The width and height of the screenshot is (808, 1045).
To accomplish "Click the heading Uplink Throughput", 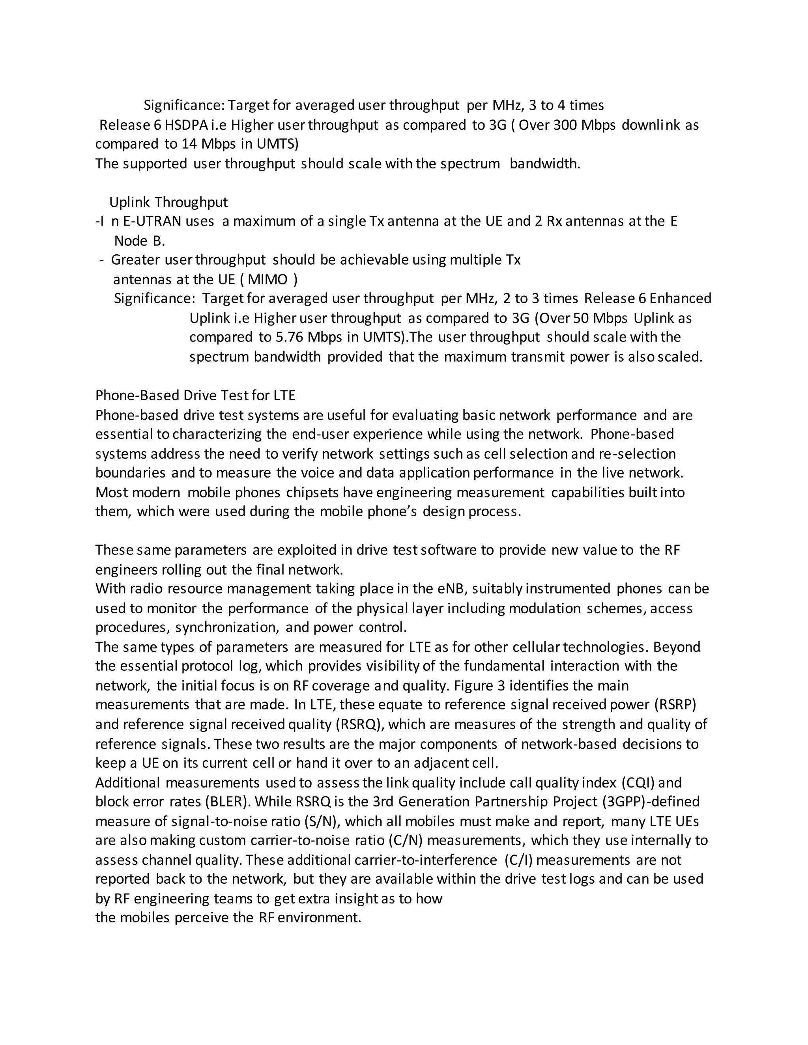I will pos(168,202).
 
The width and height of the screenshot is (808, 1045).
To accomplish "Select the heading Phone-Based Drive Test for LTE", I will pos(195,396).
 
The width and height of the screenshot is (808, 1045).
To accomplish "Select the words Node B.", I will pos(139,241).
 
